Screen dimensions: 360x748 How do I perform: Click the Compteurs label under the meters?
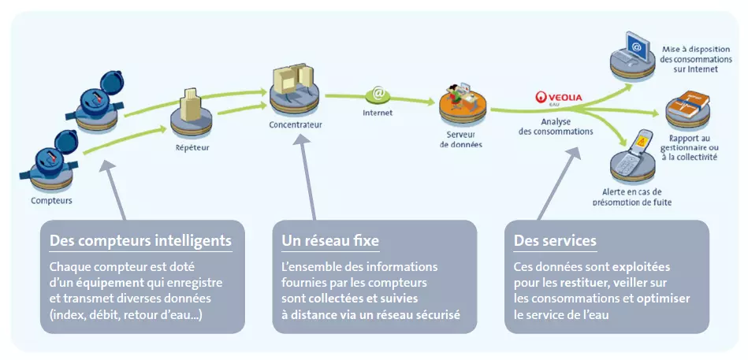tap(51, 200)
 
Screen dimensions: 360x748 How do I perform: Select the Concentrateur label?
tap(296, 124)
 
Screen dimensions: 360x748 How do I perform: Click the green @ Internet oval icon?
tap(378, 95)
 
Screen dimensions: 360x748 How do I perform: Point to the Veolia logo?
tap(559, 98)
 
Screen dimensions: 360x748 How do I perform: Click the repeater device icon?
tap(192, 115)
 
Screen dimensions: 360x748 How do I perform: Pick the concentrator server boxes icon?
tap(295, 87)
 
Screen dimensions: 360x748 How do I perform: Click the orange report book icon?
tap(687, 106)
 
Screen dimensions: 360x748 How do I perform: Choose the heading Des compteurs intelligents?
tap(140, 240)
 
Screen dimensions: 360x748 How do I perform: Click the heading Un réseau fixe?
tap(331, 240)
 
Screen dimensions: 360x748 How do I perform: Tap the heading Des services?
tap(555, 240)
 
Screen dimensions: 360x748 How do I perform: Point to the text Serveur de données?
tap(461, 139)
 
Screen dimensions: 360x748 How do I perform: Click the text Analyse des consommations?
tap(556, 126)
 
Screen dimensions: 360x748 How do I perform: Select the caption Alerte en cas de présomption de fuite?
tap(631, 196)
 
